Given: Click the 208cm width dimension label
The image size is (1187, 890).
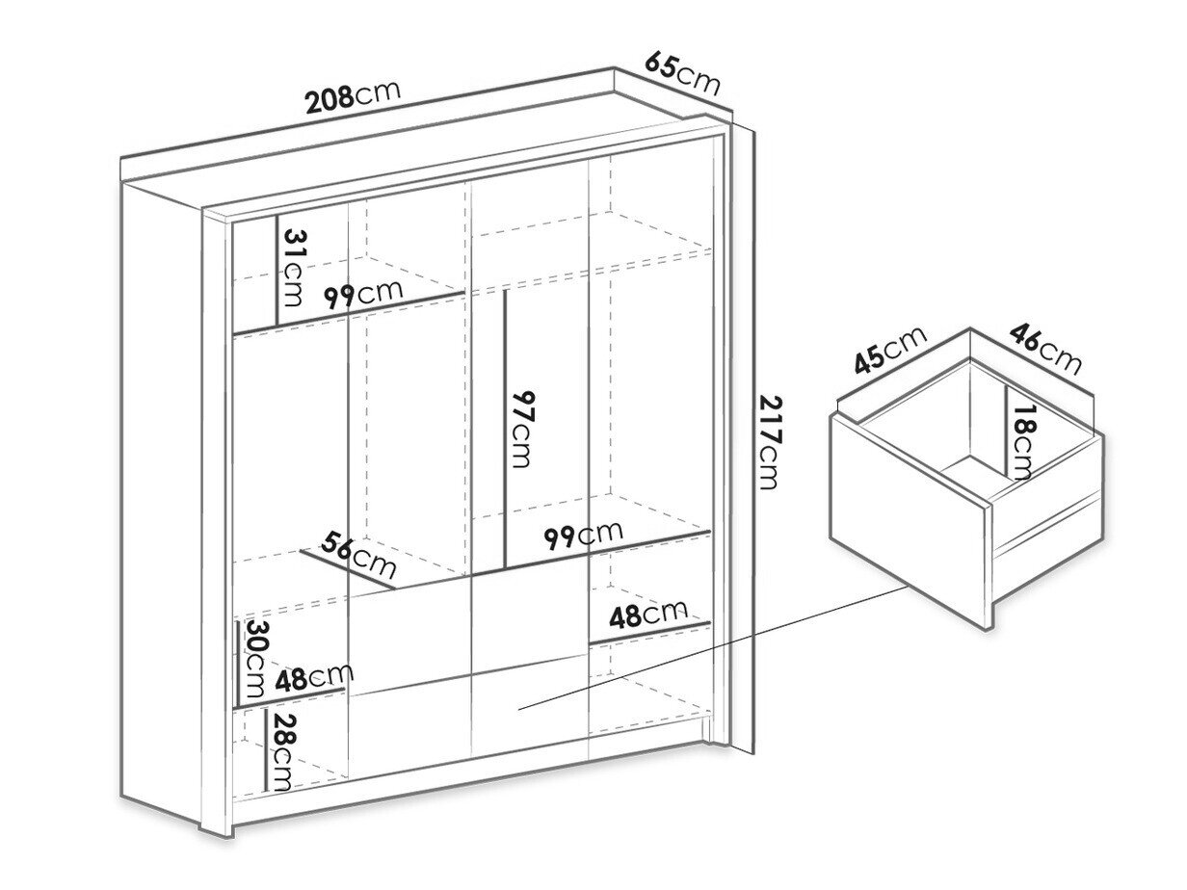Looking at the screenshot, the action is coord(353,97).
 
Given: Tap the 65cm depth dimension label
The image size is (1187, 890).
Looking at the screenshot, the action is coord(682,73).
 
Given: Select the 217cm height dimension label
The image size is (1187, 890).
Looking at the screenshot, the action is coord(769,442).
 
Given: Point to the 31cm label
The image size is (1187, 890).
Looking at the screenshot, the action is coord(293,268).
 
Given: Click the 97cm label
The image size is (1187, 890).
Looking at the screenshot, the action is coord(522,429).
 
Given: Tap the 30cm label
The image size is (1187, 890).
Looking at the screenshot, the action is coord(255,659).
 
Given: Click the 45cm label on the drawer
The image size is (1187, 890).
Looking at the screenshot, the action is coord(890,351).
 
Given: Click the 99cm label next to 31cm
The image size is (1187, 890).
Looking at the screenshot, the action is coord(363,294).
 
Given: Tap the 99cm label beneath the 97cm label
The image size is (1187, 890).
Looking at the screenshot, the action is coord(584,535).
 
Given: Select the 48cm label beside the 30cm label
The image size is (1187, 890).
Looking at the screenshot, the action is coord(314,678).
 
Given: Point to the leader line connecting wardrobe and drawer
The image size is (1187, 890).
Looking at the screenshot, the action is coord(712,647).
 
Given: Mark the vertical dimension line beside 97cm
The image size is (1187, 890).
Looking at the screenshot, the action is coord(504,431).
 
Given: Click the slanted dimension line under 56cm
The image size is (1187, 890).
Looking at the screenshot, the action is coord(347,570).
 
